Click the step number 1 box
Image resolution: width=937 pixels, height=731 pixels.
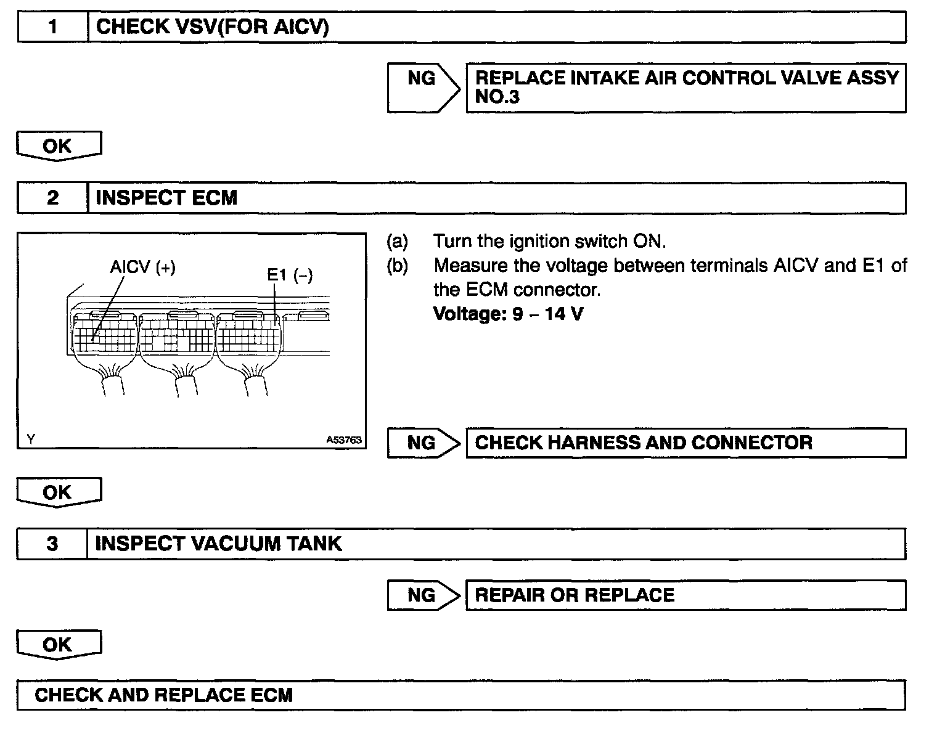53,27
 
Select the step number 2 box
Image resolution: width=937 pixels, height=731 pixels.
53,198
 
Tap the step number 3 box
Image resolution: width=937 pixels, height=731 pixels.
52,544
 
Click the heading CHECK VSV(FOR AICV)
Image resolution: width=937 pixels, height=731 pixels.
213,27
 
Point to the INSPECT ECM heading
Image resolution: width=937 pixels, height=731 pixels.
166,198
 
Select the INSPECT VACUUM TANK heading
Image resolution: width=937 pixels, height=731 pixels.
218,544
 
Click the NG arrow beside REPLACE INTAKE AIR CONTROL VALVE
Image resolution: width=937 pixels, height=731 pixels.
423,88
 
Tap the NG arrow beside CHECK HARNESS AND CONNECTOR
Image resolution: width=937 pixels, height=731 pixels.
423,443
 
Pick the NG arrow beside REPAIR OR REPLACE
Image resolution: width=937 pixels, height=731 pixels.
423,595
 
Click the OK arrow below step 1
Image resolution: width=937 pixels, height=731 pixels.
58,147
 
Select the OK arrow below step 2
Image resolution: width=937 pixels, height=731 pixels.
58,493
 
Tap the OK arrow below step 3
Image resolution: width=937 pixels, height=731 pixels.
58,645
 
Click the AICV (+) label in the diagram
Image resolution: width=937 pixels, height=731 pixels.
142,267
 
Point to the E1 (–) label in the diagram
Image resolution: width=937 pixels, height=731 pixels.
290,275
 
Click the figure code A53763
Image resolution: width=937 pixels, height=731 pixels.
344,440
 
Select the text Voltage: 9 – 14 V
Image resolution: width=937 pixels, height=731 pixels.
508,314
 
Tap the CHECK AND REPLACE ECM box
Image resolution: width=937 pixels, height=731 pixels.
460,695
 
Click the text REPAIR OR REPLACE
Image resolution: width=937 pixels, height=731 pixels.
575,595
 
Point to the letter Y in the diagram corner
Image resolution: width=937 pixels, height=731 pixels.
31,439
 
